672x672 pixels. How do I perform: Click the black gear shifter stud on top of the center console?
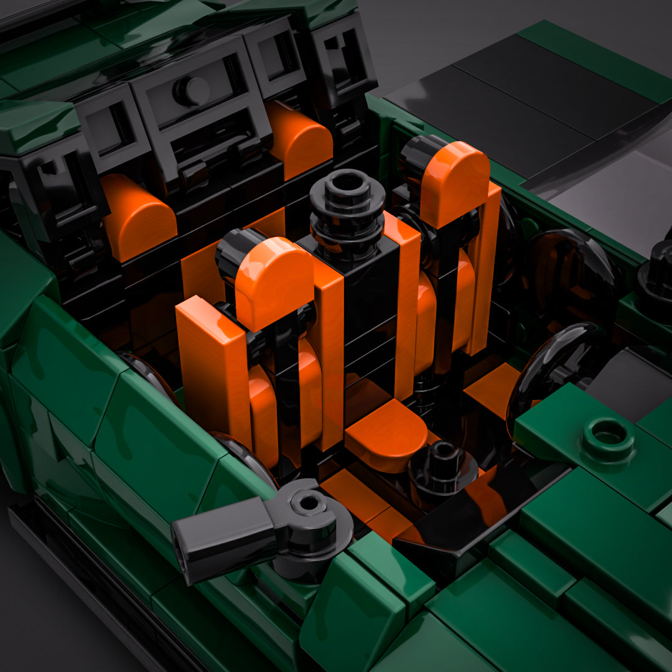[x=347, y=205]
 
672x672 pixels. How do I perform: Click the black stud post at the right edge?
[x=656, y=274]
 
